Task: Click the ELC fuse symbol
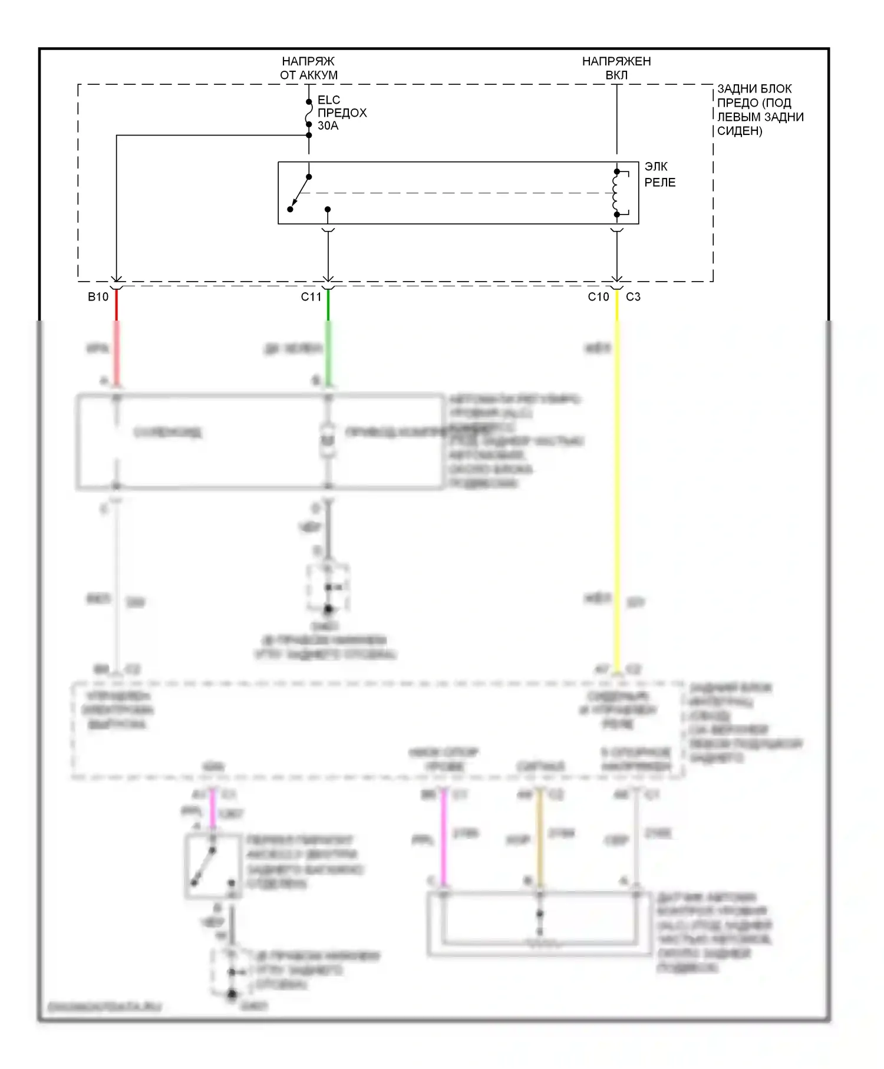(308, 113)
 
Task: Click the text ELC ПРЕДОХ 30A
(342, 113)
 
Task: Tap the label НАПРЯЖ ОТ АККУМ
(308, 68)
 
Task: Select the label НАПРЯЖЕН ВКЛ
(616, 68)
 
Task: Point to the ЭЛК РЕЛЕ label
(659, 174)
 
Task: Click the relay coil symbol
(616, 193)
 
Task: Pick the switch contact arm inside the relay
(300, 192)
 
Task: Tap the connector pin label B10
(98, 297)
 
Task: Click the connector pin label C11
(311, 297)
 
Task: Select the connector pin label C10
(598, 297)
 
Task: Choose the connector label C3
(633, 297)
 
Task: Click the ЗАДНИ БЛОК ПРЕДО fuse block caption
(760, 110)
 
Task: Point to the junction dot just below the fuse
(309, 135)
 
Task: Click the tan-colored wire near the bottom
(539, 837)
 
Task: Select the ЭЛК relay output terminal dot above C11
(328, 209)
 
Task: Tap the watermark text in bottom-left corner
(104, 1007)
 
